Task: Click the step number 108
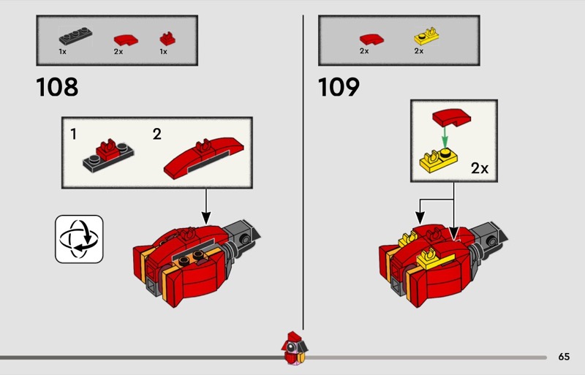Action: (x=57, y=88)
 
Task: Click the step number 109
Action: (x=339, y=88)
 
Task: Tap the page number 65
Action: (x=563, y=357)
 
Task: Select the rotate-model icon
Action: (x=79, y=239)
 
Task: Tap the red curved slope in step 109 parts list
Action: (x=366, y=37)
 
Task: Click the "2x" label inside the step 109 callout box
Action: (x=479, y=168)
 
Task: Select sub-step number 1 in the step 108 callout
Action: (x=74, y=134)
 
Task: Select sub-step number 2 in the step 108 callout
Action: (x=157, y=134)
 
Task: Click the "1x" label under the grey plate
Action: (x=64, y=52)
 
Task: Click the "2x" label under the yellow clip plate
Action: (x=419, y=52)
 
